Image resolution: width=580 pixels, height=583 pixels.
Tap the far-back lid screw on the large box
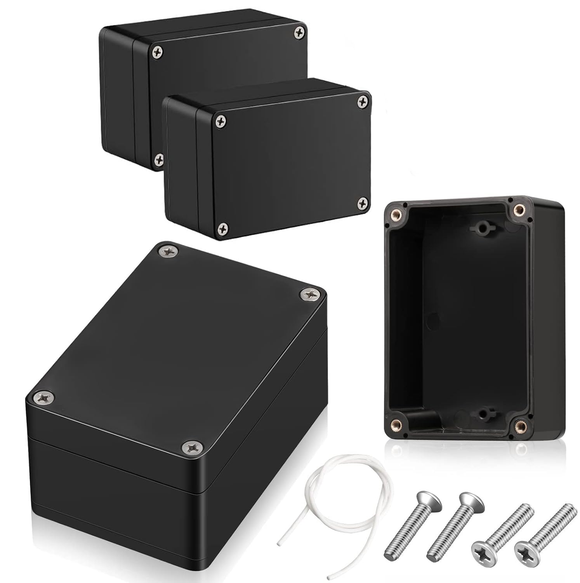click(x=168, y=252)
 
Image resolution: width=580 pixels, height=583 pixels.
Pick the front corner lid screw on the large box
click(x=192, y=447)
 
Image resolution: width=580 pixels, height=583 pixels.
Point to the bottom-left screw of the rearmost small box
click(x=158, y=158)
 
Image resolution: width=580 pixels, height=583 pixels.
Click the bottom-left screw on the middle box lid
click(x=223, y=228)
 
